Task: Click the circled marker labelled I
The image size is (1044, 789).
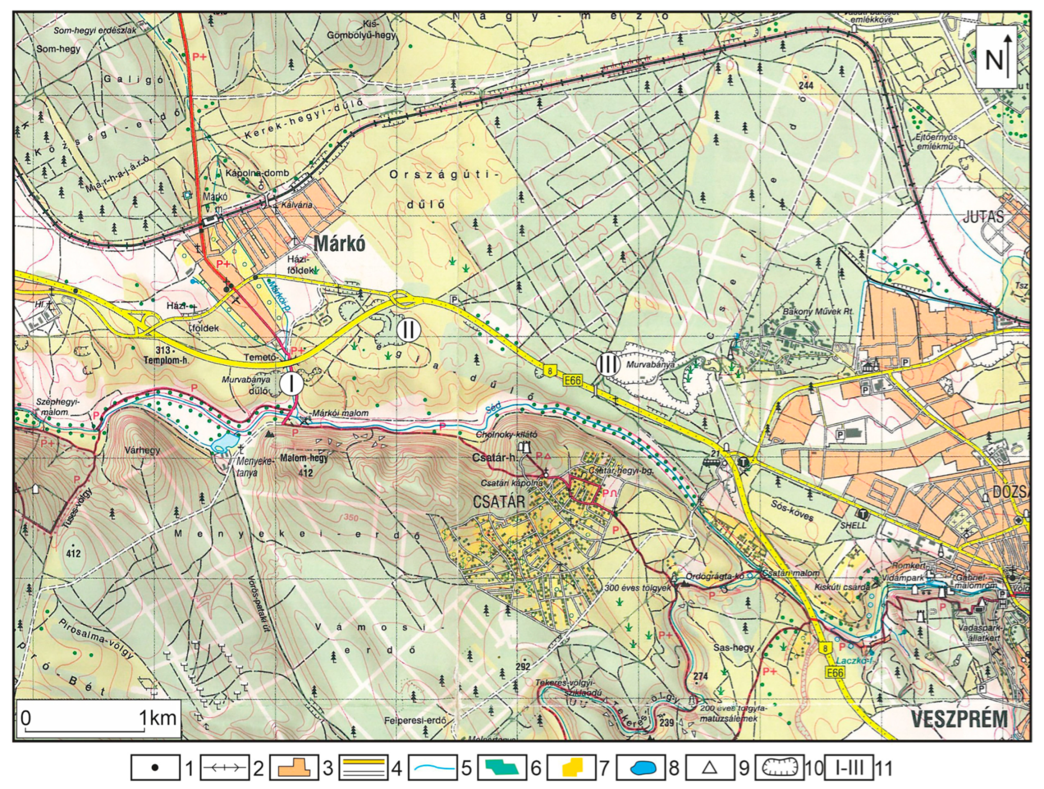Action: click(291, 383)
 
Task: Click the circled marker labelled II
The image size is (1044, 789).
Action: click(409, 330)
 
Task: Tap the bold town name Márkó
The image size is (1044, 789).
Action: click(339, 244)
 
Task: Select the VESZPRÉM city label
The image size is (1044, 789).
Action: click(959, 719)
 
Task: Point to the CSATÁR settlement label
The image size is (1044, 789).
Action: click(499, 502)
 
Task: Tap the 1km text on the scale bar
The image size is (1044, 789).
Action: click(158, 718)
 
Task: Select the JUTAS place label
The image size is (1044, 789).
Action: click(983, 217)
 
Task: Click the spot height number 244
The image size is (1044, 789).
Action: click(806, 86)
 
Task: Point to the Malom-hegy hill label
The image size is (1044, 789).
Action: click(304, 458)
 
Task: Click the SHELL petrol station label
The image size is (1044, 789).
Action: click(853, 525)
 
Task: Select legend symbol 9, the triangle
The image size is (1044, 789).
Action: click(710, 768)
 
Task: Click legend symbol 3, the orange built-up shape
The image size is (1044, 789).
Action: click(293, 768)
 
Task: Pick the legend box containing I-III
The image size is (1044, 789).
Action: click(849, 768)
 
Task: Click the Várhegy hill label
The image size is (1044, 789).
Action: click(142, 450)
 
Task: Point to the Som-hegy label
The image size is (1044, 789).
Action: click(58, 49)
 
